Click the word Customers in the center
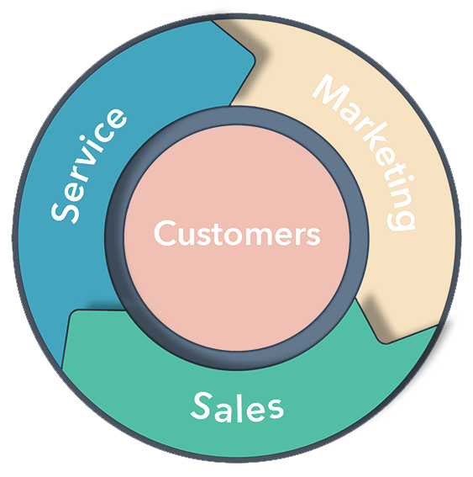(237, 233)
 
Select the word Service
(89, 164)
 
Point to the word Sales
(238, 407)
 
